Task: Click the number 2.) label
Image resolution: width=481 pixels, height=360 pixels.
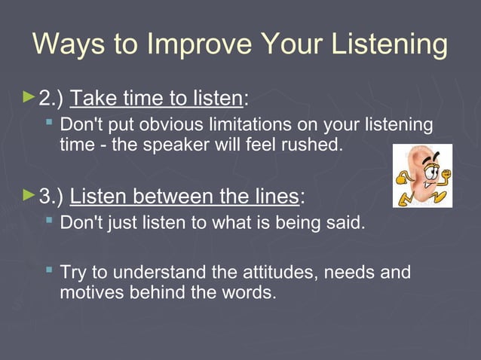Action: [x=51, y=98]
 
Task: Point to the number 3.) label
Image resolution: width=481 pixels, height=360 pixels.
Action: [x=51, y=197]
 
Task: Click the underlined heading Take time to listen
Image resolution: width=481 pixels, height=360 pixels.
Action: [x=156, y=98]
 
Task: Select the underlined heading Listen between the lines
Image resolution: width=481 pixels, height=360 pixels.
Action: [x=184, y=197]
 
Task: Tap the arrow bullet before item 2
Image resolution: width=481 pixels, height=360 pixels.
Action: [x=29, y=96]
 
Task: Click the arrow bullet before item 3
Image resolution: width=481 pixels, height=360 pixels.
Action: [x=29, y=196]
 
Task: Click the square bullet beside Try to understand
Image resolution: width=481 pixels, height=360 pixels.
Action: [x=49, y=269]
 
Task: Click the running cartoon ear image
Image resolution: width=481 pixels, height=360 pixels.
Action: [x=422, y=175]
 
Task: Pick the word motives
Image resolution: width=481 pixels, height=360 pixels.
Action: [x=84, y=291]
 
